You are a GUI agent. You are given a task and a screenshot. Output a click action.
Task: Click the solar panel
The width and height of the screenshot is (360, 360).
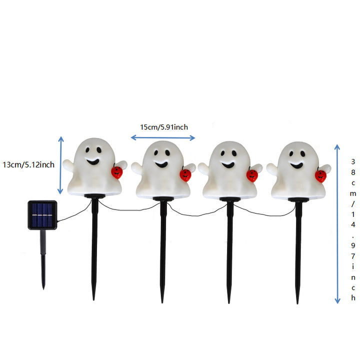(42, 215)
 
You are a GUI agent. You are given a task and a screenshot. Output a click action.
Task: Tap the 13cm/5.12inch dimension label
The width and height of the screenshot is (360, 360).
(28, 164)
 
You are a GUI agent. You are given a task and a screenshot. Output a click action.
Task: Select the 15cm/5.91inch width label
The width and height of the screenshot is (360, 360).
(164, 127)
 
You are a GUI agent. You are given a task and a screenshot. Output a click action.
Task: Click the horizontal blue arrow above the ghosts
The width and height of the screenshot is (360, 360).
(163, 138)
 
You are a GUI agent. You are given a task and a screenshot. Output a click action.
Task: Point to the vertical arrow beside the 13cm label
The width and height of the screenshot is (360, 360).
(60, 165)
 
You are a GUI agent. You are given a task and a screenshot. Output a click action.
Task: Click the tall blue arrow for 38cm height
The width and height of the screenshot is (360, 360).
(337, 224)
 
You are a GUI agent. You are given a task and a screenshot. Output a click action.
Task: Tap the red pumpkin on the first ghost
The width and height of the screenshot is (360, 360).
(117, 172)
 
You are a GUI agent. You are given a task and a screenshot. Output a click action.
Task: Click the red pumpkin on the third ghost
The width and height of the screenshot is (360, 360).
(252, 175)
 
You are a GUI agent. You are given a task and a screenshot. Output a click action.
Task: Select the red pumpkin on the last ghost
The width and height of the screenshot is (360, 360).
(320, 176)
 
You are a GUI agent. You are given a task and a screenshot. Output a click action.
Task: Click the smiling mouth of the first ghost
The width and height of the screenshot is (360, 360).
(93, 161)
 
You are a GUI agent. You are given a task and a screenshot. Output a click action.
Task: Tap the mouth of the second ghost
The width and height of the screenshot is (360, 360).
(161, 164)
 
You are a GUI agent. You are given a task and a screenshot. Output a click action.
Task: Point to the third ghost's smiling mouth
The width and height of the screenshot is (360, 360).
(228, 164)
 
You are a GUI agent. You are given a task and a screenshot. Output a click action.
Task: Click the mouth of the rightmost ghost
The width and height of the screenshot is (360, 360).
(296, 165)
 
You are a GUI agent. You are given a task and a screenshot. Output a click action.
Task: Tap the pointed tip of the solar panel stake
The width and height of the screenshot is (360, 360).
(43, 289)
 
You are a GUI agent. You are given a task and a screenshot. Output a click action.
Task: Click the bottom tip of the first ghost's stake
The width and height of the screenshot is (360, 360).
(93, 299)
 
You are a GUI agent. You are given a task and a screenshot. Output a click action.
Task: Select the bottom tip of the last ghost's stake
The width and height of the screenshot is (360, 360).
(297, 303)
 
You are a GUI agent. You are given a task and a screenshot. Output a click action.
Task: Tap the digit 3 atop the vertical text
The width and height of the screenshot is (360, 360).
(353, 161)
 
